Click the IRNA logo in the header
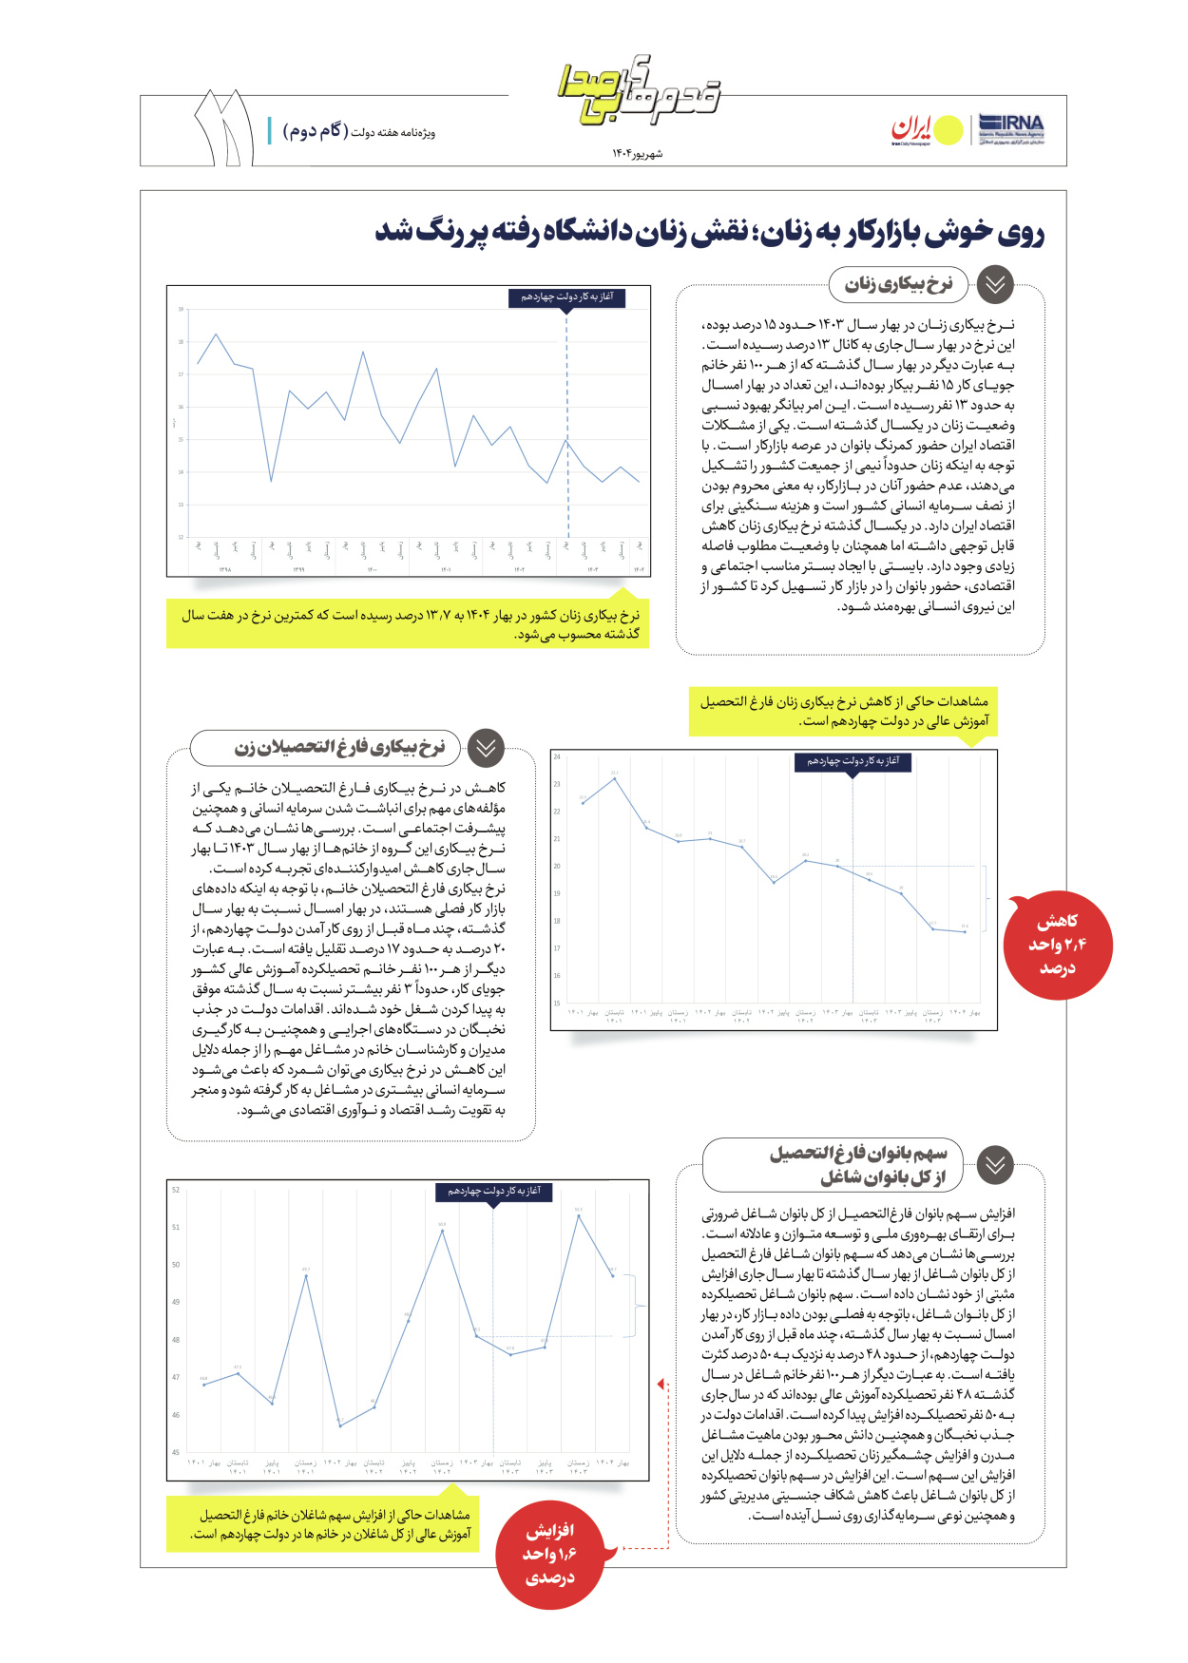1011,128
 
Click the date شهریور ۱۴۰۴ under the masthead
637,154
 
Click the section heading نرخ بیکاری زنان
898,284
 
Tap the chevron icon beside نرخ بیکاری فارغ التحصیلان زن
486,748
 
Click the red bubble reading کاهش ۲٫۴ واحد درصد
1057,945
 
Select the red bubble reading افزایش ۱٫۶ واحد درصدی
550,1555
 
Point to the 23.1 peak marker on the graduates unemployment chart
615,779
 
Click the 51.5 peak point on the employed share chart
579,1215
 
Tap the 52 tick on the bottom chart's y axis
176,1190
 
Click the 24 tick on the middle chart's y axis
558,757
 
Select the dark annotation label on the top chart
566,297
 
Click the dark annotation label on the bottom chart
494,1191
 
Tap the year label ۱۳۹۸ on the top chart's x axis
224,570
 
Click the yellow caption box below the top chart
408,623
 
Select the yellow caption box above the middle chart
843,712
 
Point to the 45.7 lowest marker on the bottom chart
340,1425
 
